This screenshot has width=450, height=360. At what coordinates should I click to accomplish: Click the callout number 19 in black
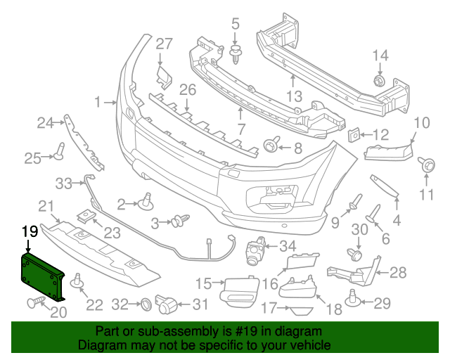(x=29, y=231)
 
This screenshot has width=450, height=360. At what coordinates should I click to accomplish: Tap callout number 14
(x=380, y=56)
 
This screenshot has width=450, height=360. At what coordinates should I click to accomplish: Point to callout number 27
(x=164, y=44)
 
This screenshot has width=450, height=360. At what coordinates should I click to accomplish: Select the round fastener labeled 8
(x=270, y=146)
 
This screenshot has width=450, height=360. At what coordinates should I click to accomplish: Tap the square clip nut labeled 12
(x=356, y=134)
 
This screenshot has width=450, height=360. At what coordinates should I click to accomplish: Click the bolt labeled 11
(x=426, y=165)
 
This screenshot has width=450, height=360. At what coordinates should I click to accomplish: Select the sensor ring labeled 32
(x=144, y=304)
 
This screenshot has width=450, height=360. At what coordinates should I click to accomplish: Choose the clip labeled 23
(x=85, y=215)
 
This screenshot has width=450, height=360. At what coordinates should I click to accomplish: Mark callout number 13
(x=294, y=95)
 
